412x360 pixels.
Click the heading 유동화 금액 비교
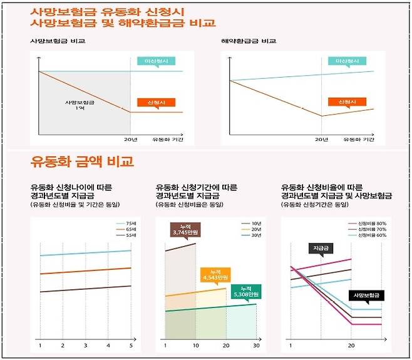[x=82, y=162]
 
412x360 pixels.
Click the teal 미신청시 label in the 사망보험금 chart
[x=160, y=61]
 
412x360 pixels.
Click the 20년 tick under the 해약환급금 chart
[x=321, y=139]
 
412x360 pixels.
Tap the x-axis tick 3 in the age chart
[x=85, y=345]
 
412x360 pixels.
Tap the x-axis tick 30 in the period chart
[x=255, y=345]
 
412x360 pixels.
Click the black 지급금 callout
[x=321, y=248]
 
